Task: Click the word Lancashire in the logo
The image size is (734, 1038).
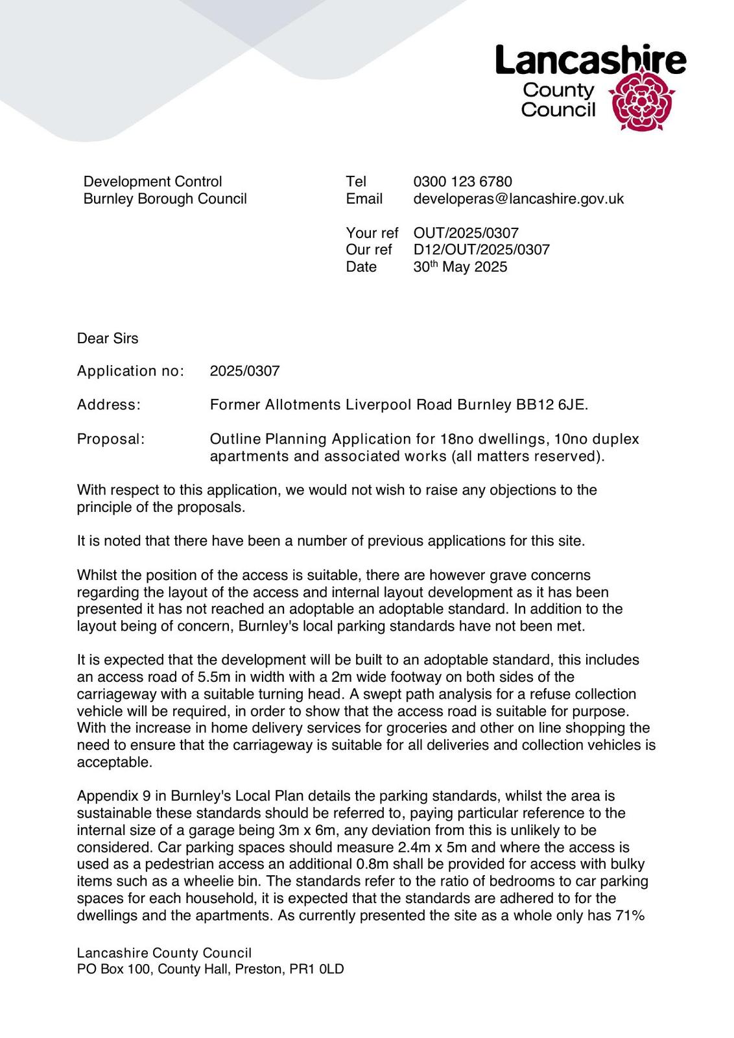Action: point(590,60)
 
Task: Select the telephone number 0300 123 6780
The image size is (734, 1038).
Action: point(462,182)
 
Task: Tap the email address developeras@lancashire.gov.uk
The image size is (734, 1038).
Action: point(518,199)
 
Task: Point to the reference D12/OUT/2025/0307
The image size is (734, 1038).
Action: point(481,250)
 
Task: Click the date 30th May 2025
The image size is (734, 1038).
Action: point(460,267)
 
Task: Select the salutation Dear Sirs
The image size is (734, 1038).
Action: point(108,338)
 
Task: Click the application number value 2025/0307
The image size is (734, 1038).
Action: point(244,371)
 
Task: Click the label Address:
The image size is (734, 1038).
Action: point(108,405)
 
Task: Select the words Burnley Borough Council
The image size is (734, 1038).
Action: point(165,199)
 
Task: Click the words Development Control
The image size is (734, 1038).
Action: point(152,182)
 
